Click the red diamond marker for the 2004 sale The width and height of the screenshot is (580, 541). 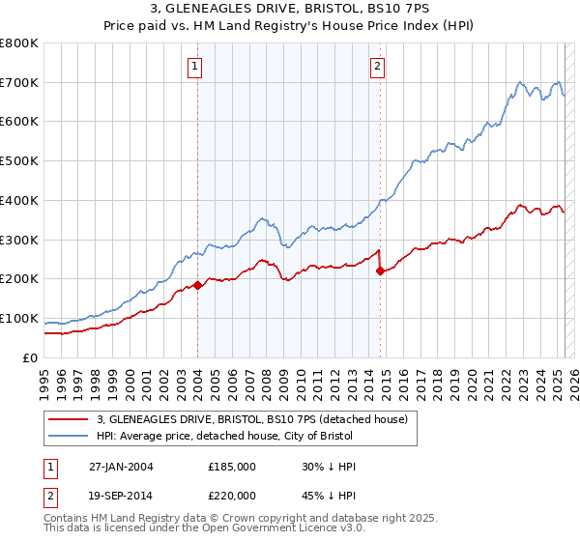pyautogui.click(x=197, y=285)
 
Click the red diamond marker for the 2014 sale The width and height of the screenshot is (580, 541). pyautogui.click(x=380, y=270)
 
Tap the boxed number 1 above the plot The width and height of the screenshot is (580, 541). pyautogui.click(x=195, y=67)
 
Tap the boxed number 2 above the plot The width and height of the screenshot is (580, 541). pyautogui.click(x=377, y=67)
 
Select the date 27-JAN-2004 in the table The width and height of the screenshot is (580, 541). pyautogui.click(x=121, y=467)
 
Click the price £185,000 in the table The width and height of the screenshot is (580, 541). pyautogui.click(x=232, y=467)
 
